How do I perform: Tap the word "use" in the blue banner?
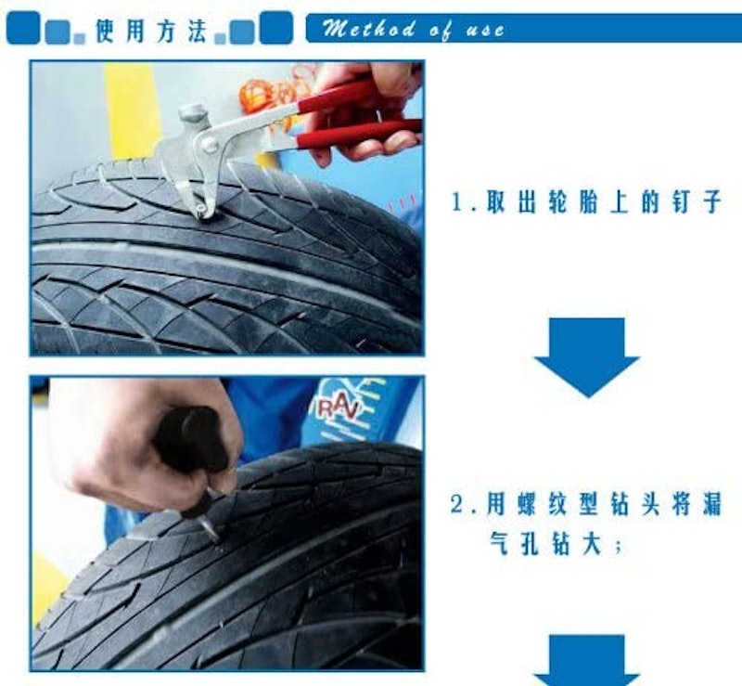(485, 31)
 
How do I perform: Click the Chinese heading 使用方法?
(151, 31)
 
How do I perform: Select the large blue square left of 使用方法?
(22, 28)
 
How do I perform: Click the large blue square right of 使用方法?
(275, 28)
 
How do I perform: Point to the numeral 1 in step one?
(457, 202)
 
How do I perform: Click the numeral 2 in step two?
(456, 504)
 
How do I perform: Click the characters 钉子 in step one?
(697, 202)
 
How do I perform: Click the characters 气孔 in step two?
(515, 544)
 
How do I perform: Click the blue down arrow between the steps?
(587, 357)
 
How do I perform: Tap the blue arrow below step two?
(587, 660)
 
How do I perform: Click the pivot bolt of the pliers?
(209, 144)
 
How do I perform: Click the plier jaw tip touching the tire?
(203, 212)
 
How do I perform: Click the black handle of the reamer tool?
(192, 441)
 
